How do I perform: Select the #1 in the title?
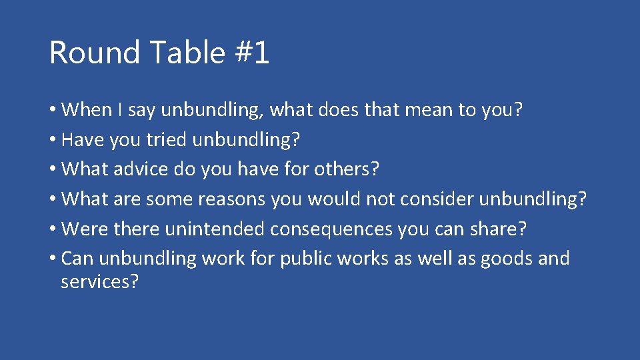(x=253, y=53)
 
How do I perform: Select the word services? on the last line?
(x=99, y=281)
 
